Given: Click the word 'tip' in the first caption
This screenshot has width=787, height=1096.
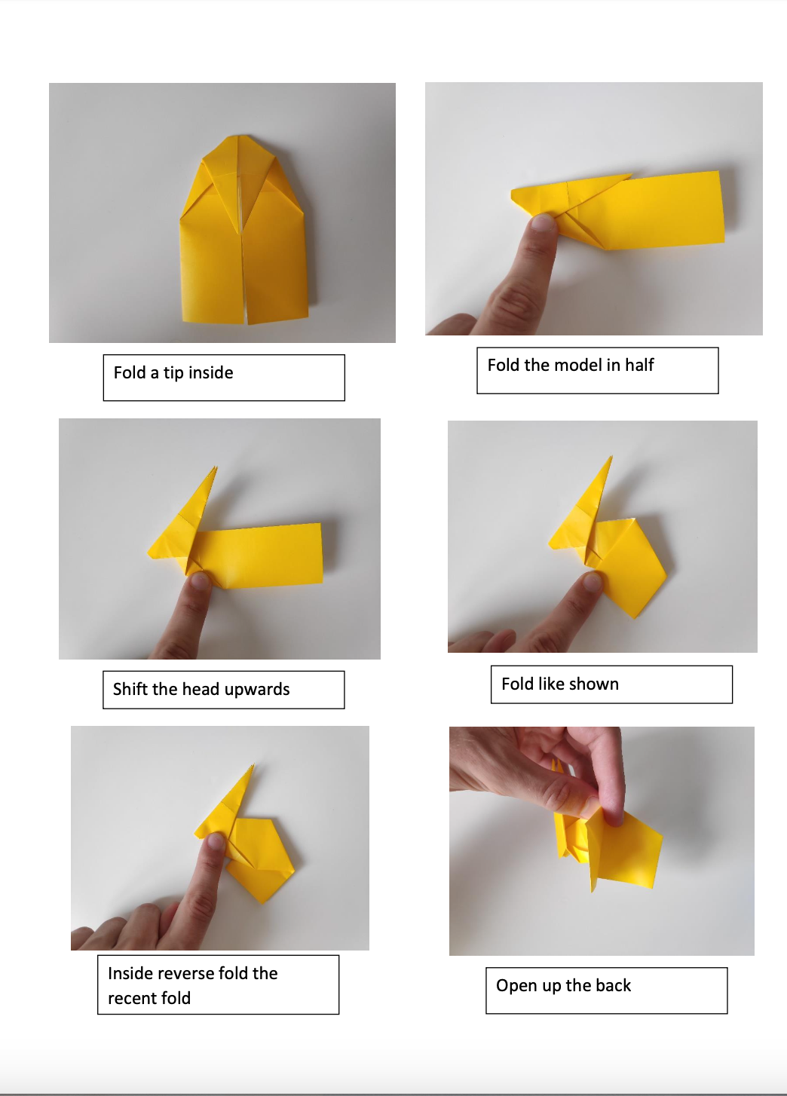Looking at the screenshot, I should tap(173, 373).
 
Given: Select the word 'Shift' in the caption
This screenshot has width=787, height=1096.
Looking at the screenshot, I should tap(130, 689).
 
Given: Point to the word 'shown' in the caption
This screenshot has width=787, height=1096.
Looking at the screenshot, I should tap(593, 684).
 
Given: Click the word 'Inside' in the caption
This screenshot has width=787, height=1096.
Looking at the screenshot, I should tap(130, 973).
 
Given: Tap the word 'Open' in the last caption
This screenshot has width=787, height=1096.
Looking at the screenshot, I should tap(516, 986).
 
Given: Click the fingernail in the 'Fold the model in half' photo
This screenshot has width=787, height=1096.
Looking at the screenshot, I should tap(541, 222).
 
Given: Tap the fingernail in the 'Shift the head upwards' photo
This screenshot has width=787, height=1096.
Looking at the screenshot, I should tap(200, 580).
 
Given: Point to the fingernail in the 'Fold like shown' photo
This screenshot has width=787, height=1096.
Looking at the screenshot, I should tap(593, 581).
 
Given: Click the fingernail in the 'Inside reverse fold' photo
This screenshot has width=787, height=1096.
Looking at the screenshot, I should tap(216, 841).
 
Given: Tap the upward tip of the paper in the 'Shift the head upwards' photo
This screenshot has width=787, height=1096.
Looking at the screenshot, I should tap(216, 468).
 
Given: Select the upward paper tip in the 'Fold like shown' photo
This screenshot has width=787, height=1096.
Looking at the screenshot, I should tap(611, 457).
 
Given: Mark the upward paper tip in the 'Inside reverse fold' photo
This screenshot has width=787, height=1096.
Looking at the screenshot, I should tap(252, 767).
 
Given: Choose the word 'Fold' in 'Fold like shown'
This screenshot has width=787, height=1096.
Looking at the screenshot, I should tap(517, 684).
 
